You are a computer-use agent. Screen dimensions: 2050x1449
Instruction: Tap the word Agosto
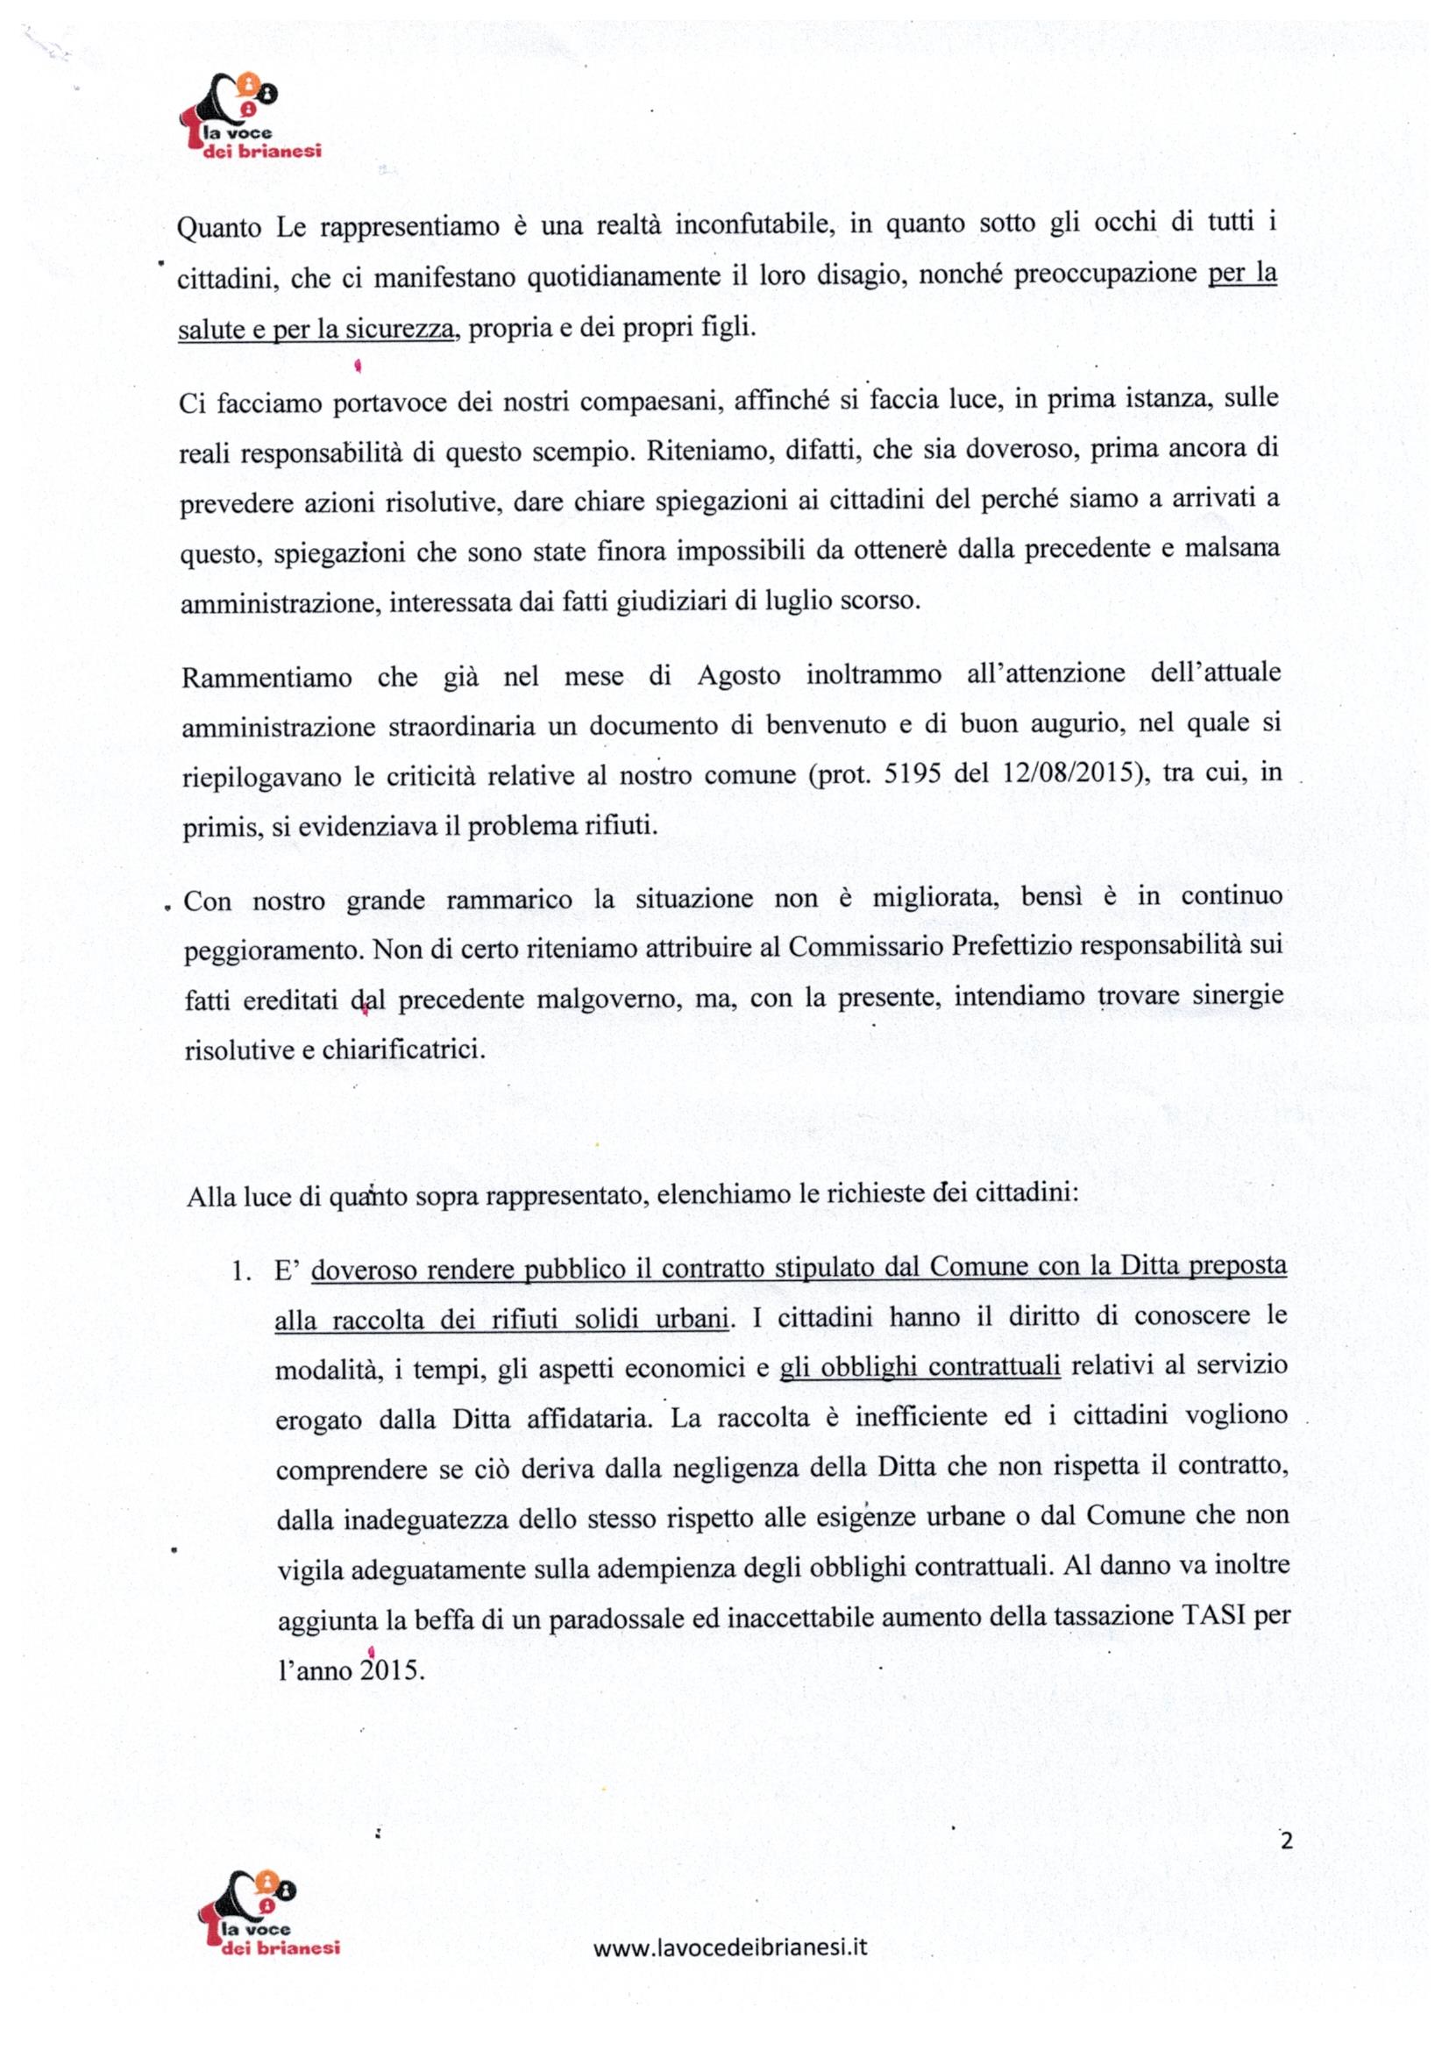click(x=738, y=676)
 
